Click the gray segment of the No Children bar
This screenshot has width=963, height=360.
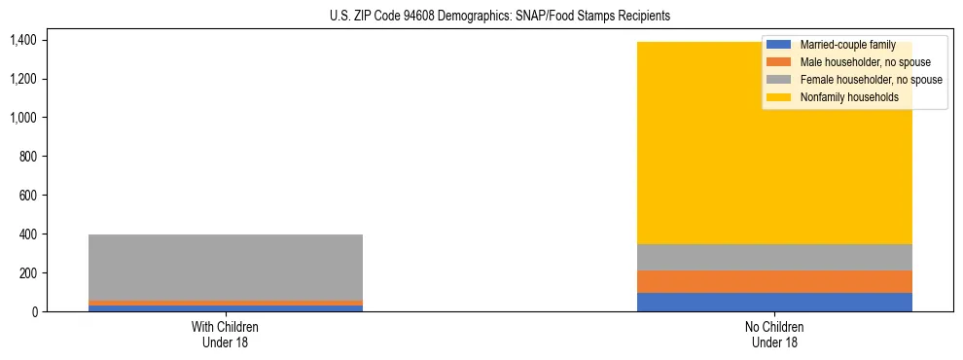pyautogui.click(x=774, y=257)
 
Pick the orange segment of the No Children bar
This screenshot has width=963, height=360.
pyautogui.click(x=774, y=281)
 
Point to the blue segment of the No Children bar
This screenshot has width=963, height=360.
pyautogui.click(x=774, y=302)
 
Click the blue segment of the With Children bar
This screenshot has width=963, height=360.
pyautogui.click(x=226, y=308)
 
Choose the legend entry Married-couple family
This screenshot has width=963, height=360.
pyautogui.click(x=846, y=45)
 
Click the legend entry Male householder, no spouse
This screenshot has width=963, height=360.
pyautogui.click(x=865, y=62)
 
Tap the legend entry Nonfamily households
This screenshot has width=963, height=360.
pyautogui.click(x=849, y=97)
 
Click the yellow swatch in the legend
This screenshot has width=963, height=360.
pyautogui.click(x=779, y=97)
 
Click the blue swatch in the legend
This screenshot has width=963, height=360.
pyautogui.click(x=779, y=45)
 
